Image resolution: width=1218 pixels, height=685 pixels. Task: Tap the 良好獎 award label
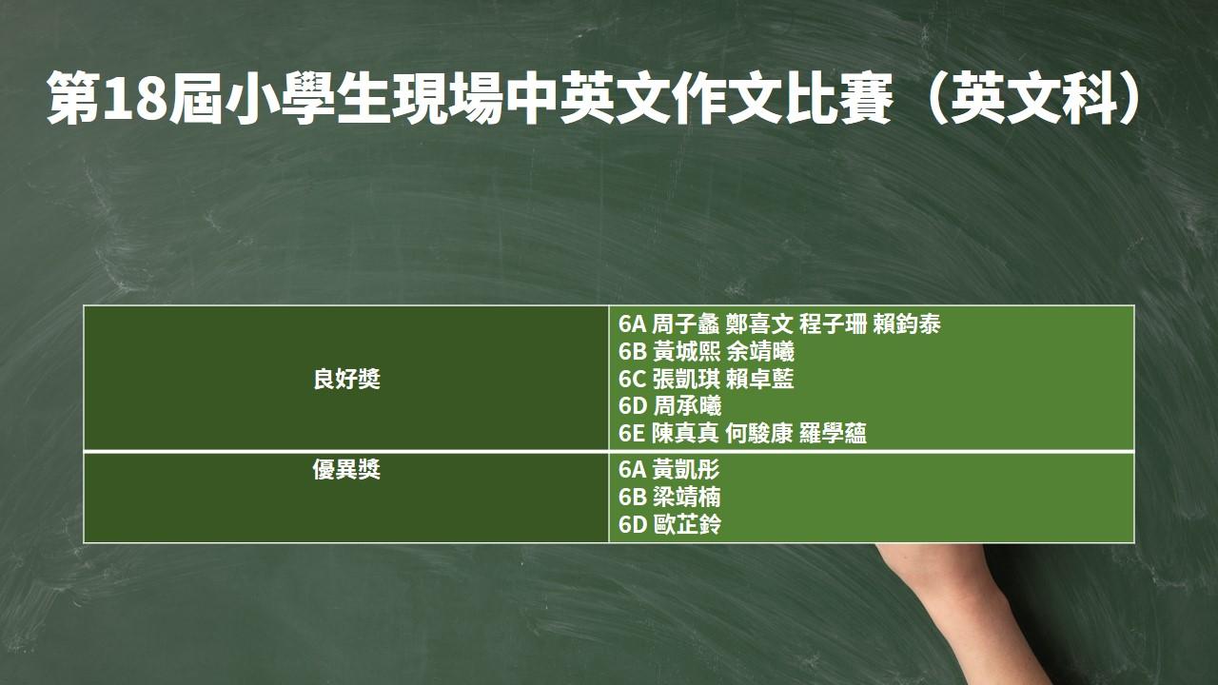(346, 379)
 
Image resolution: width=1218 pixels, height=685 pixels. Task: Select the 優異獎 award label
(346, 469)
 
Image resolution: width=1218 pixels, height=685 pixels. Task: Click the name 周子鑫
(685, 324)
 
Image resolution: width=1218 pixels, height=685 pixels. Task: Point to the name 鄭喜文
(759, 324)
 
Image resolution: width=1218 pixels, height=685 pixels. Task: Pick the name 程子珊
(833, 324)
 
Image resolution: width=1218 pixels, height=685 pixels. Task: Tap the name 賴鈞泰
(907, 324)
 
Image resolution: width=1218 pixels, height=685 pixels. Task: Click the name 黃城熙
(686, 352)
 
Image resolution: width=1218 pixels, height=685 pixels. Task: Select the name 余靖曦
(760, 352)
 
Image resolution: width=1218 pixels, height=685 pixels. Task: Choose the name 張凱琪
(686, 379)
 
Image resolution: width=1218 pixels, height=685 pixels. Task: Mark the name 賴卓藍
(760, 379)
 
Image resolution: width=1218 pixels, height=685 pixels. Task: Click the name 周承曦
(687, 406)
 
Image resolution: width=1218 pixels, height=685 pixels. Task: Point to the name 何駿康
(759, 433)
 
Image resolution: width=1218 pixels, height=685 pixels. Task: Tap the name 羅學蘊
(833, 433)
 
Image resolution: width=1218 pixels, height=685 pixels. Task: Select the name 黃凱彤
(686, 469)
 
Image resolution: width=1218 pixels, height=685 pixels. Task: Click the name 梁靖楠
(686, 497)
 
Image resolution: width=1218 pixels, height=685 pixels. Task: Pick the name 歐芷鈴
(687, 524)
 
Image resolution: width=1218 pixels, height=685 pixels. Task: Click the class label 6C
(632, 380)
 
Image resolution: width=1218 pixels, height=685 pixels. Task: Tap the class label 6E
(631, 434)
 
